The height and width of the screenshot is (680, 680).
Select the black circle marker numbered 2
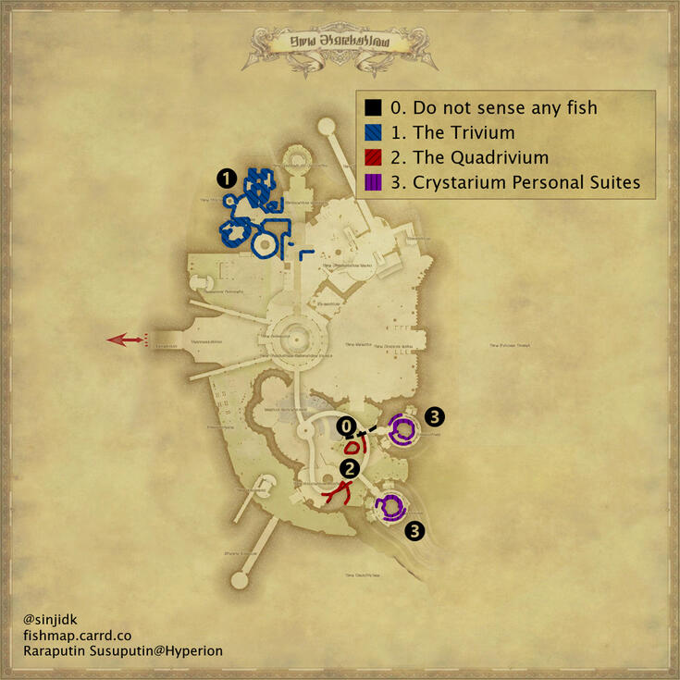coord(349,468)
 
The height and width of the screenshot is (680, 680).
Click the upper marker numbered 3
coord(435,417)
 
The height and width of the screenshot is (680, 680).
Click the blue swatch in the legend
coord(371,132)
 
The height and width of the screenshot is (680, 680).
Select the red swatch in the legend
coord(371,157)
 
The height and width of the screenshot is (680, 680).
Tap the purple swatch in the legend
coord(371,182)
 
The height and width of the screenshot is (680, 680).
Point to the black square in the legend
coord(371,108)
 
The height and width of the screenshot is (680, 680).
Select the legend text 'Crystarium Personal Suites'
coord(515,182)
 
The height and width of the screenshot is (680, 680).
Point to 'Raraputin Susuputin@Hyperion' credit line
coord(123,651)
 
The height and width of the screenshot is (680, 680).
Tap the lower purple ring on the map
coord(391,507)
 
